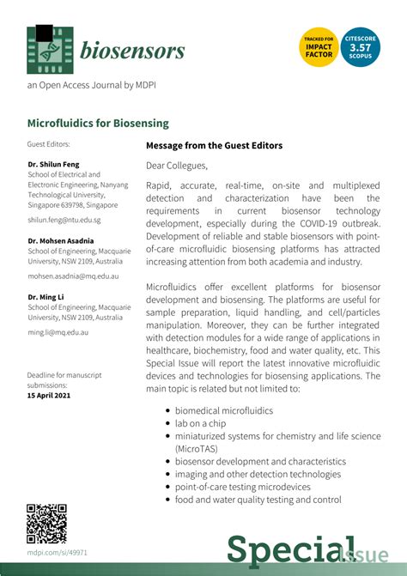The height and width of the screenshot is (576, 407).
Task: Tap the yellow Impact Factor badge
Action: coord(319,47)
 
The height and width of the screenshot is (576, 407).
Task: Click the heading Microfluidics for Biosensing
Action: coord(98,124)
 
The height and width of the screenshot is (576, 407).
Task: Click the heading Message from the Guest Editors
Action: coord(226,146)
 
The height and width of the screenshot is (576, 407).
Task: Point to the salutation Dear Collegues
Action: coord(177,166)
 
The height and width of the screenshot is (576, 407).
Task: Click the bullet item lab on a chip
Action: coord(199,423)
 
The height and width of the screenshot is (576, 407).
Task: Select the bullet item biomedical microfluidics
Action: coord(224,410)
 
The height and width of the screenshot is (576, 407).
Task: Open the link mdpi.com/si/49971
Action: coord(58,553)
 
